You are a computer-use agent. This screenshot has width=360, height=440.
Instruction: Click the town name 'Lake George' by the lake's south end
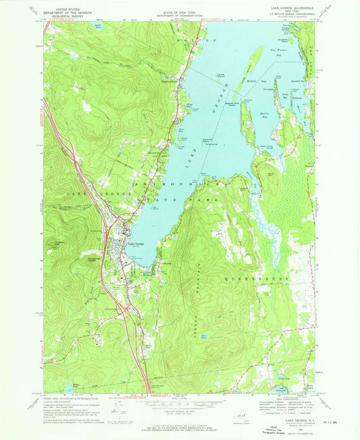[134, 244]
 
